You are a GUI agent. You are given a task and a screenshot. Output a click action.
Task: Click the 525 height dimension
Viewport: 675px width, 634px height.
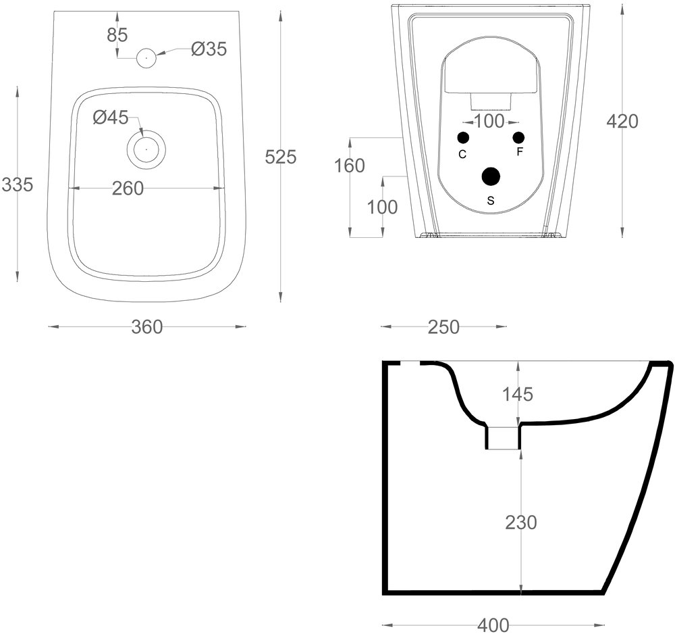click(280, 157)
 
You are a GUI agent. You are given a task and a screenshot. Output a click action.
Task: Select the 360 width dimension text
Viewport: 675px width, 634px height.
click(146, 327)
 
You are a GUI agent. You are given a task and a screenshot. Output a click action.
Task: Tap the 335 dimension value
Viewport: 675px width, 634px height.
click(17, 184)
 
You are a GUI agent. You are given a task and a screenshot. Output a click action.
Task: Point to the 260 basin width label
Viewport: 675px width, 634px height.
click(128, 189)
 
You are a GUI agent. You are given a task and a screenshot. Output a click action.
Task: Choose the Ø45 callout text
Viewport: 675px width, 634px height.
click(111, 118)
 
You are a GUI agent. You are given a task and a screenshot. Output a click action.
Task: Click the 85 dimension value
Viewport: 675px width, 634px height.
click(117, 35)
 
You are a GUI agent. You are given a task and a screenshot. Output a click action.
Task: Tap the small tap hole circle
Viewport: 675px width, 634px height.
click(146, 58)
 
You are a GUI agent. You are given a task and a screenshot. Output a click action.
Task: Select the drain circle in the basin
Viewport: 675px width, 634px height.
click(146, 148)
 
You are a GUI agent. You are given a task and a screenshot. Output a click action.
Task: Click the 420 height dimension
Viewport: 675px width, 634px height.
click(622, 122)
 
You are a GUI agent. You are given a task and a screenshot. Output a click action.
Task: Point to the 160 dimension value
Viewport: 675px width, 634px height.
click(350, 166)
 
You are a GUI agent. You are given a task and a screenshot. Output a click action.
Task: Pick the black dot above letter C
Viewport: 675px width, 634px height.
click(463, 138)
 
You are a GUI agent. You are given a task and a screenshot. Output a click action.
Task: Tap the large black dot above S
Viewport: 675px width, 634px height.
click(491, 176)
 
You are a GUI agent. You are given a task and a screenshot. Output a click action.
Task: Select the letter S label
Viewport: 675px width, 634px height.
click(491, 200)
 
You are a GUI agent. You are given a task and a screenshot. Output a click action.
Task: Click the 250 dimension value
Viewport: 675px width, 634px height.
click(443, 327)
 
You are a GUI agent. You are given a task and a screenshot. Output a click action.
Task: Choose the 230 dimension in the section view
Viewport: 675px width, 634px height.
click(520, 522)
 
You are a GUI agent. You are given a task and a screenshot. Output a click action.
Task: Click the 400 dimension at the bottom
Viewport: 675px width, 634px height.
click(493, 626)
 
